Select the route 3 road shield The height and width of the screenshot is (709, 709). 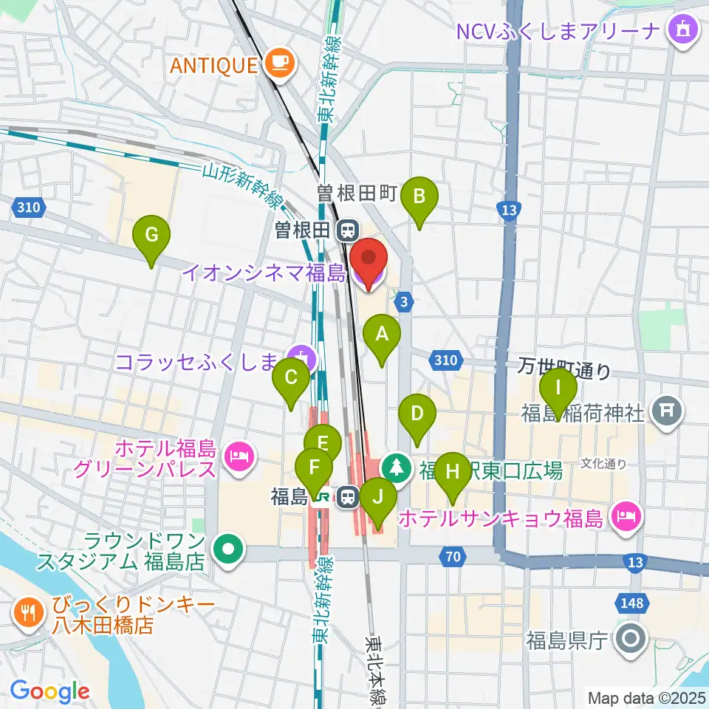click(403, 301)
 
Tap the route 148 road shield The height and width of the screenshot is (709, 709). click(631, 603)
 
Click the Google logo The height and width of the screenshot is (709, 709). click(49, 691)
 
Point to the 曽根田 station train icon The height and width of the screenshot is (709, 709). click(346, 231)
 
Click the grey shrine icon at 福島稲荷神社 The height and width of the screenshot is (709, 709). click(668, 413)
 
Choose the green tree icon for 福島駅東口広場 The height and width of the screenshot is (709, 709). click(397, 467)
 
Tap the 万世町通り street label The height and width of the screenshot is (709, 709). click(564, 367)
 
